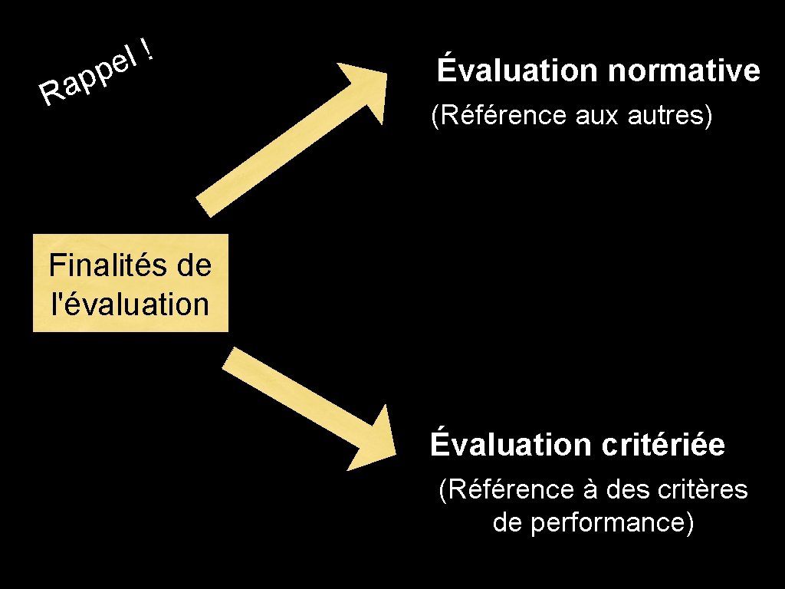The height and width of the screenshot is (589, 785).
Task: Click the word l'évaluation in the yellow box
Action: (129, 304)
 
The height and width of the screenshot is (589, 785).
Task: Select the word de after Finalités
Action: (193, 266)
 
